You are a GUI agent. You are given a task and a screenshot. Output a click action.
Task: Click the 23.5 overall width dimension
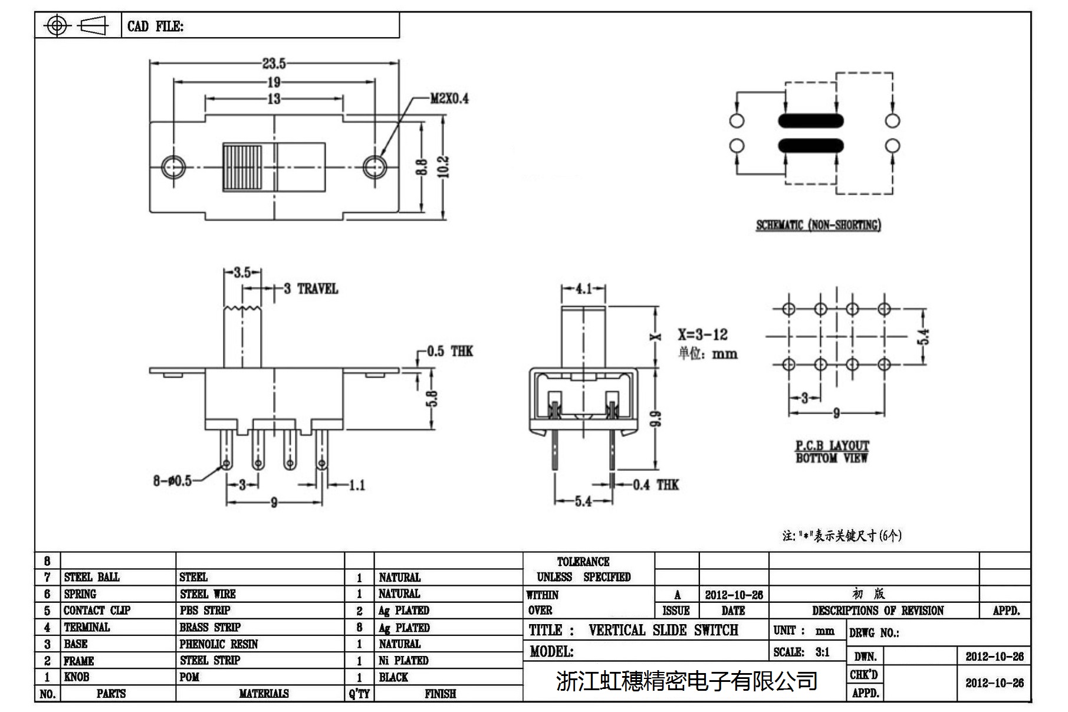click(274, 63)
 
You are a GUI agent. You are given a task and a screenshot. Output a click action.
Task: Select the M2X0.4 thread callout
click(449, 99)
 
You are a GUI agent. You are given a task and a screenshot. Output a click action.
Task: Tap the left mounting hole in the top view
click(173, 167)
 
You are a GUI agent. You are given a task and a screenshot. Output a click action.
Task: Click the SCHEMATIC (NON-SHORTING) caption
click(819, 225)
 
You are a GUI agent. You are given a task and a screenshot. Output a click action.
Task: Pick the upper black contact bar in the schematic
click(810, 121)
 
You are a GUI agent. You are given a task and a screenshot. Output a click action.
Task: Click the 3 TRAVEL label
click(311, 289)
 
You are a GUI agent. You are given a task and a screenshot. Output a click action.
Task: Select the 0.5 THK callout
click(449, 352)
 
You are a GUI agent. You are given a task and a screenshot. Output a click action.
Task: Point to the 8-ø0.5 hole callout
click(172, 481)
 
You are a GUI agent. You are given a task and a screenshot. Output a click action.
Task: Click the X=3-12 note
click(702, 335)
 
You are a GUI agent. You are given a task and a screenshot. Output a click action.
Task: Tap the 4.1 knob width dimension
click(583, 289)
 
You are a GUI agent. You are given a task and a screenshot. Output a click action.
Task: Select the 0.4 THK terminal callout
click(656, 485)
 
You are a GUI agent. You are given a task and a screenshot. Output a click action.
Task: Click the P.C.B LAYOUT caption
click(832, 446)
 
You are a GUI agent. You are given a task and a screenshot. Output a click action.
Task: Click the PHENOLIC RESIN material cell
click(219, 644)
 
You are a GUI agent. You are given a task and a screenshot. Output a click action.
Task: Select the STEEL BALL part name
click(92, 578)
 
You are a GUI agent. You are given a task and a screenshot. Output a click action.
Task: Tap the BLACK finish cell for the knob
click(393, 677)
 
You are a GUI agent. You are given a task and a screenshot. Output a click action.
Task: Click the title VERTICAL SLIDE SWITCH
click(663, 631)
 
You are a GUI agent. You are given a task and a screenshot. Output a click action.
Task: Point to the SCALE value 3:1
click(822, 652)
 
